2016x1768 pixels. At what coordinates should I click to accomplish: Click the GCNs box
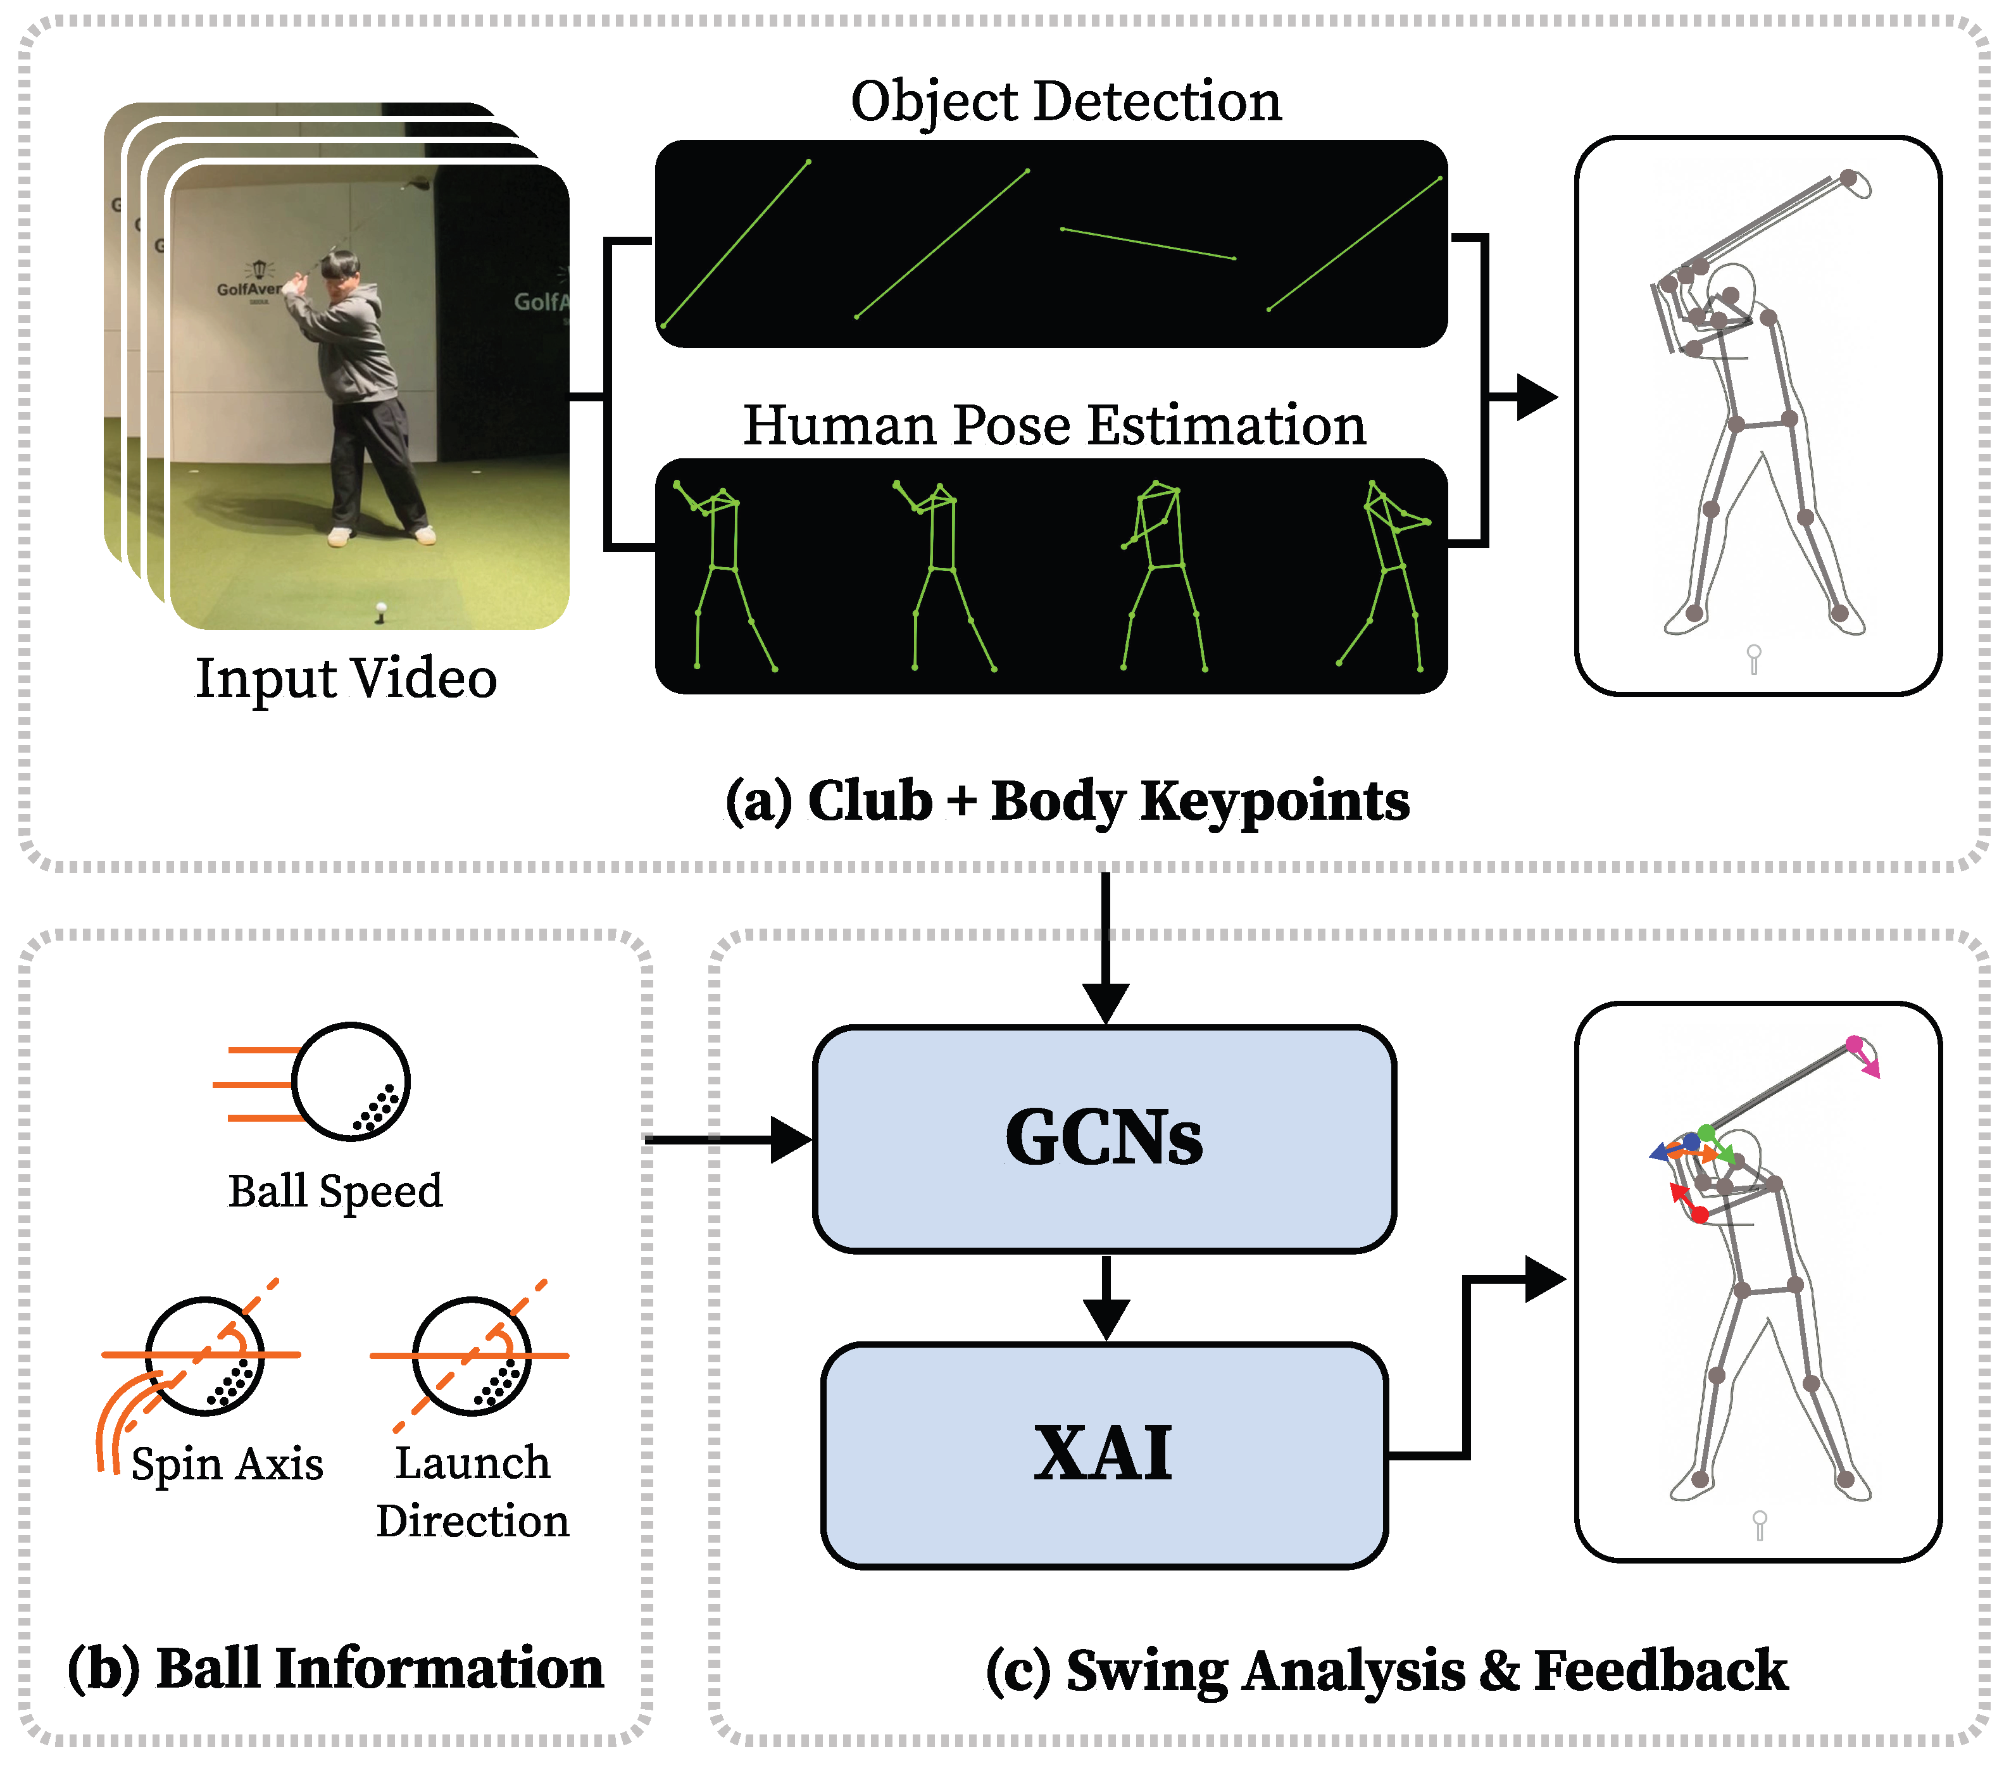pyautogui.click(x=1104, y=1139)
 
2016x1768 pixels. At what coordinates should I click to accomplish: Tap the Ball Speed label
pyautogui.click(x=335, y=1191)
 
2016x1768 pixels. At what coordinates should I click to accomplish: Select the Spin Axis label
pyautogui.click(x=227, y=1464)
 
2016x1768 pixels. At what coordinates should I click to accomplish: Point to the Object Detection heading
pyautogui.click(x=1065, y=102)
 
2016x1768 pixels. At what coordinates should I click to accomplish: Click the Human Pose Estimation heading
pyautogui.click(x=1053, y=425)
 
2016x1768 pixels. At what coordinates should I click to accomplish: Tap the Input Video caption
pyautogui.click(x=345, y=679)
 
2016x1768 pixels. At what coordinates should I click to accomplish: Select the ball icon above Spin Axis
pyautogui.click(x=205, y=1356)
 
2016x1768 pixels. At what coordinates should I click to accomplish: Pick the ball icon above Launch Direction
pyautogui.click(x=472, y=1356)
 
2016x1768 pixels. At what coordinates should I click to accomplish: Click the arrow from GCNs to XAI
pyautogui.click(x=1106, y=1298)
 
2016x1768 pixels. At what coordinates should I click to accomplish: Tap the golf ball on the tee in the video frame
pyautogui.click(x=380, y=609)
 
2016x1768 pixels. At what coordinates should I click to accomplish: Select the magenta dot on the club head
pyautogui.click(x=1854, y=1044)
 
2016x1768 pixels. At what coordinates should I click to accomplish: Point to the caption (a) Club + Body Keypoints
pyautogui.click(x=1067, y=800)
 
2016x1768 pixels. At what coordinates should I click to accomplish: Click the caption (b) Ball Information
pyautogui.click(x=335, y=1669)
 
